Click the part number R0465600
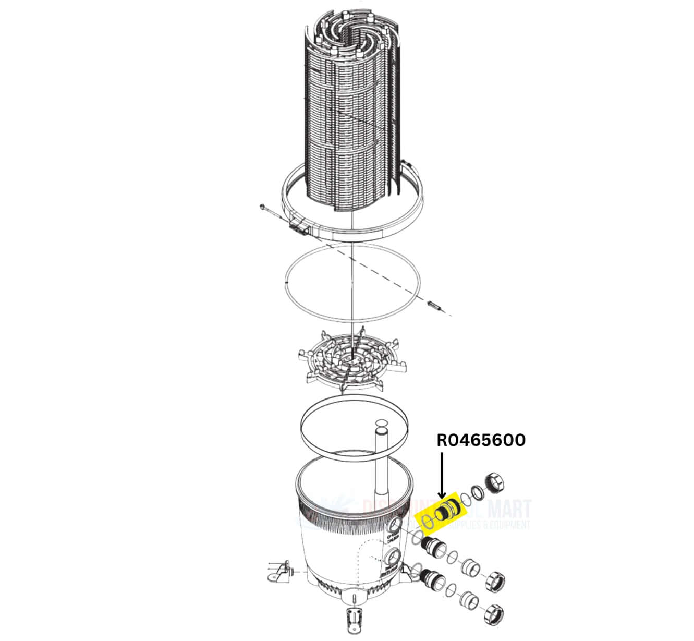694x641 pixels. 481,441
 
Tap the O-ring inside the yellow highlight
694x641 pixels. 428,522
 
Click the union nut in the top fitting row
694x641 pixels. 493,482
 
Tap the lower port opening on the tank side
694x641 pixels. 395,556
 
